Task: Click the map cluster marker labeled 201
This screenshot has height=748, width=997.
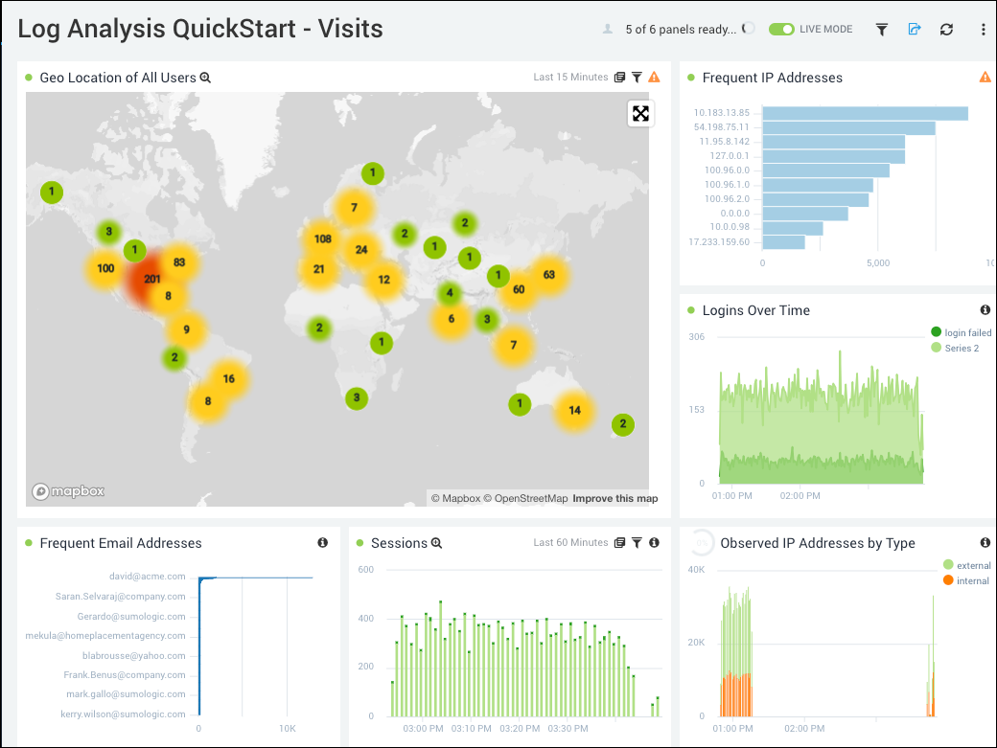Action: coord(152,279)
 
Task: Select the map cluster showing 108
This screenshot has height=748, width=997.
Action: coord(322,239)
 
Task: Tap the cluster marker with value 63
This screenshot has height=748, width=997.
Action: coord(548,275)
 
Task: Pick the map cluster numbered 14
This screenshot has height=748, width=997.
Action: coord(574,410)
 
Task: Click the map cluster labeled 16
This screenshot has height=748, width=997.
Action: coord(228,379)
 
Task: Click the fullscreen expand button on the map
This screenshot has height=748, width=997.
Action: coord(640,114)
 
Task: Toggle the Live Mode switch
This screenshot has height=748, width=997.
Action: coord(782,30)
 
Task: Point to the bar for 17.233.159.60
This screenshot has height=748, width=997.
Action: coord(784,242)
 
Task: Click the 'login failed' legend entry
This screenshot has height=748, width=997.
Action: coord(967,333)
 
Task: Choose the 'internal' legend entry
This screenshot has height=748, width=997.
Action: coord(972,581)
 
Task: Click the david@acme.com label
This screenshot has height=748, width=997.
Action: coord(148,577)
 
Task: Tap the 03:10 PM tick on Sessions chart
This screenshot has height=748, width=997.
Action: coord(470,729)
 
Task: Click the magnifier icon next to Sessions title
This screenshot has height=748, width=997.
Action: coord(437,543)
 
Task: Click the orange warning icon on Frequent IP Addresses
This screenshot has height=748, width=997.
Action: coord(985,78)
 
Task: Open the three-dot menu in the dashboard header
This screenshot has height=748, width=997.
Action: coord(983,30)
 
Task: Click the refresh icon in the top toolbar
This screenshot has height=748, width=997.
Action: coord(946,30)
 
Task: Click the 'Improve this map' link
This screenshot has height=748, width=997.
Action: coord(615,499)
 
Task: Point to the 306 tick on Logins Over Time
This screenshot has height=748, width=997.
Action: coord(696,337)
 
